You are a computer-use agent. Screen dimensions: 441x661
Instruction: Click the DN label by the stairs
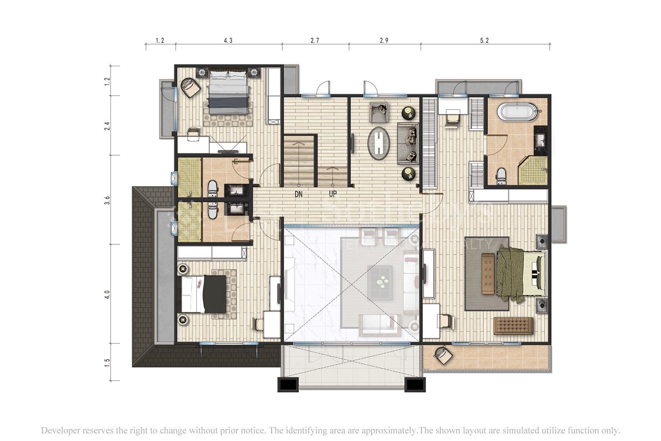[299, 194]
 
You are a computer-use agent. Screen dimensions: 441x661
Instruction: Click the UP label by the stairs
[333, 194]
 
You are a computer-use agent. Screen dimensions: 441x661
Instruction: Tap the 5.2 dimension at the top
[484, 41]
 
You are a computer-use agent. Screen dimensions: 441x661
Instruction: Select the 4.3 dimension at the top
[228, 41]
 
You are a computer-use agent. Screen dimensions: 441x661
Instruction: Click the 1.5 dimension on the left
[107, 362]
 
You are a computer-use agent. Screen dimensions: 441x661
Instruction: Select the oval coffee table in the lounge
[379, 143]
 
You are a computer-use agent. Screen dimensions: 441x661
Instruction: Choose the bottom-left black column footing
[288, 385]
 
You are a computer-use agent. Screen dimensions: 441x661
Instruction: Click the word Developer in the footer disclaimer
[59, 430]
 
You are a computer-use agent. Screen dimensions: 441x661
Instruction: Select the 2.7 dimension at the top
[315, 41]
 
